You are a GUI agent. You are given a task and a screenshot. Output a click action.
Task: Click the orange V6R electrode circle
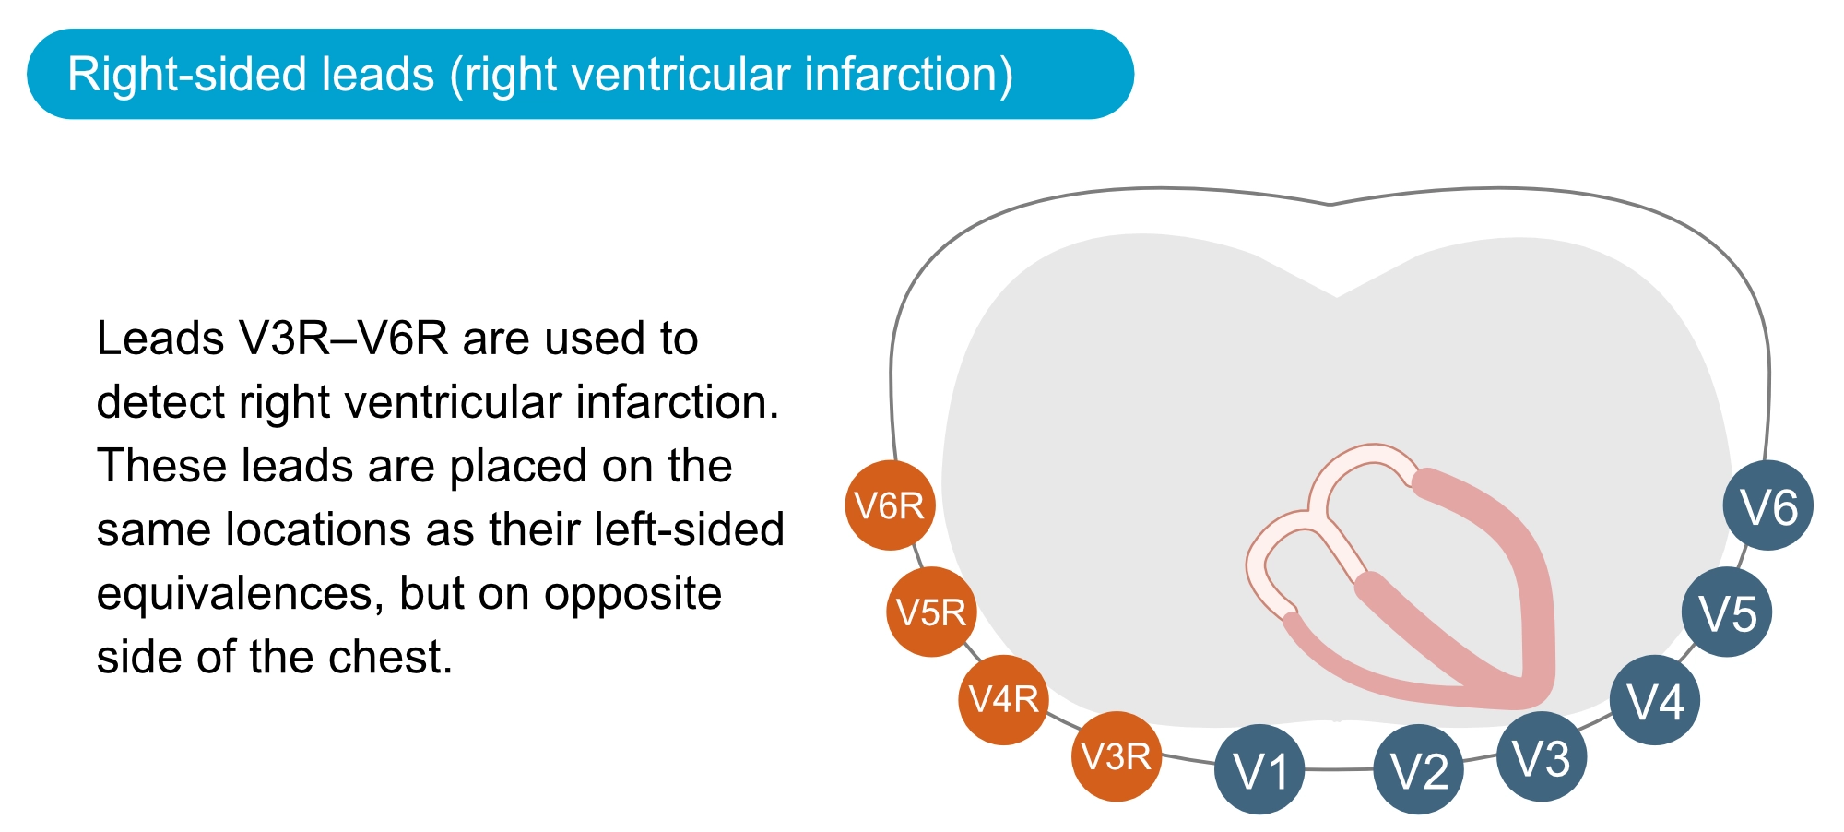point(890,505)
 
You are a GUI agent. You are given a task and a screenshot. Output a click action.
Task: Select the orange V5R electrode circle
point(931,612)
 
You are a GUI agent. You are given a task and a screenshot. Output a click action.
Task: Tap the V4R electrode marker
point(1003,699)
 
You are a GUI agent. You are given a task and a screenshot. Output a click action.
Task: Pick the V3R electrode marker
point(1116,756)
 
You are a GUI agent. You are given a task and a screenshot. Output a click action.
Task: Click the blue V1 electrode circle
point(1259,769)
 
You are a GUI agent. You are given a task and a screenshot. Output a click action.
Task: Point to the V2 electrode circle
point(1418,769)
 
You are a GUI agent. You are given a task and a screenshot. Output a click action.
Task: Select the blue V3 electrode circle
point(1542,756)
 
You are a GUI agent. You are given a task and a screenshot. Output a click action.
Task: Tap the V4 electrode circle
point(1655,700)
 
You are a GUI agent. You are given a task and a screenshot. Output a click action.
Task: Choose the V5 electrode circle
point(1727,612)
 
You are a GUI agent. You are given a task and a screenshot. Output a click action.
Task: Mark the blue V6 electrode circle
point(1768,505)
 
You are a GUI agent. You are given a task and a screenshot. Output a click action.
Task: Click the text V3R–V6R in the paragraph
point(344,339)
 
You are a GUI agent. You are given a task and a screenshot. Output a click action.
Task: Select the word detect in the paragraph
point(160,402)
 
